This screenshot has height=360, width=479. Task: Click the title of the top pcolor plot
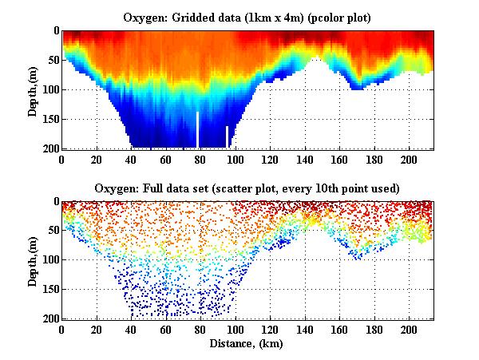(247, 18)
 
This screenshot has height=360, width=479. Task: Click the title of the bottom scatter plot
(247, 188)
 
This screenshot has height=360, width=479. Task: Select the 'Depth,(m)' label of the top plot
(33, 89)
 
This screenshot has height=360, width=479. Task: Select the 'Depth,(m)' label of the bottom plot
(33, 260)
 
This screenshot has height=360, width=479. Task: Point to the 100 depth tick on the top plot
(49, 89)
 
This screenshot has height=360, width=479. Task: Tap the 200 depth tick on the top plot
(49, 148)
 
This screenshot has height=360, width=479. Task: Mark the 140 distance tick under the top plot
(305, 159)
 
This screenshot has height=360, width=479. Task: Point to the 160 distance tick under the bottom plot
(339, 330)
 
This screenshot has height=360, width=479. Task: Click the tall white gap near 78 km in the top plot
(198, 129)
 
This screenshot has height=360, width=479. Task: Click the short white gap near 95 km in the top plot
(227, 136)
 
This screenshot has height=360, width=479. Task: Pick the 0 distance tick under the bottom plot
(62, 330)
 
